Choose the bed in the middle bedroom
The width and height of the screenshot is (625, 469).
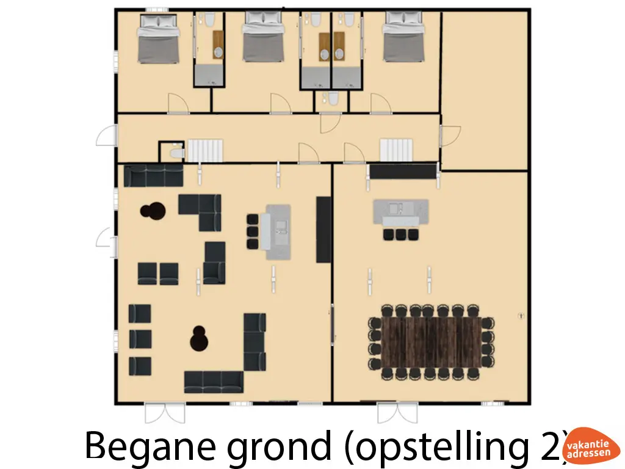click(x=264, y=42)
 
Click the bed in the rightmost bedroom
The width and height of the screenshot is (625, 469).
click(x=404, y=42)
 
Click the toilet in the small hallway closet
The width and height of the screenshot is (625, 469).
click(x=176, y=151)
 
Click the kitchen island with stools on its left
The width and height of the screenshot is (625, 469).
click(x=277, y=231)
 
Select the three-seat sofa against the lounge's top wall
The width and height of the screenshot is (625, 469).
click(x=154, y=175)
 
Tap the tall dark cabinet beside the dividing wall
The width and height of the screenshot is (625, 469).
click(x=323, y=230)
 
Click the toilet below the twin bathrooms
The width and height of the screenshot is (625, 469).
click(x=333, y=100)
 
